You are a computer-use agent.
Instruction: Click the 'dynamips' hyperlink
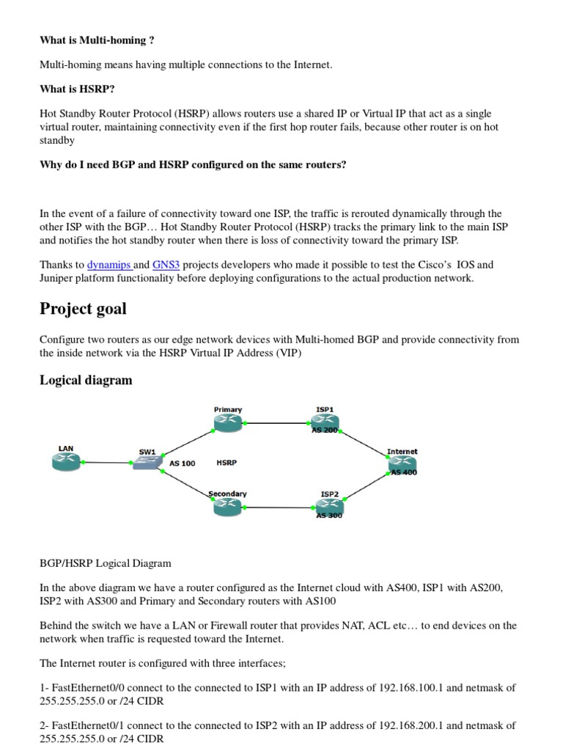108,265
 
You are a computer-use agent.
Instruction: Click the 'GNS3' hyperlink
166,265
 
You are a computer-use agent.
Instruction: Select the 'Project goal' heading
83,309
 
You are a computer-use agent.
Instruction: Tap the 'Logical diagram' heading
86,380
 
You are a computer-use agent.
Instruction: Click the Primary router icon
227,421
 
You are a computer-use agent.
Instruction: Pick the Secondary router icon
227,505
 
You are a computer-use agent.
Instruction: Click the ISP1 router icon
324,421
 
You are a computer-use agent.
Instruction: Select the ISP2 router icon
329,505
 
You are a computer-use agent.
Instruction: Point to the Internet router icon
402,463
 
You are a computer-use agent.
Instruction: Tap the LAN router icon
66,461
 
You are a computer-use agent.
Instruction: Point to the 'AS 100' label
183,464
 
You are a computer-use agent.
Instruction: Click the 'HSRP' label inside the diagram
227,463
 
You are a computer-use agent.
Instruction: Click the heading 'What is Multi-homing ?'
97,40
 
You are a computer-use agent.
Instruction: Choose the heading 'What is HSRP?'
77,89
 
